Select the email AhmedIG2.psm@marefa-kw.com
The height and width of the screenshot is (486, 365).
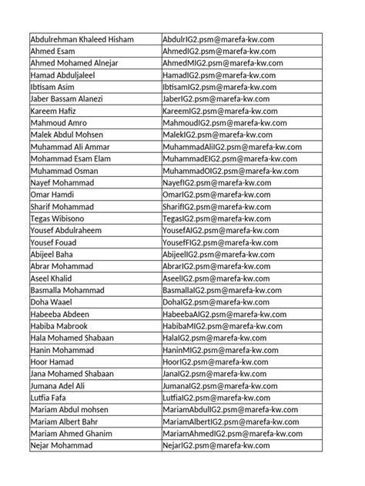[219, 51]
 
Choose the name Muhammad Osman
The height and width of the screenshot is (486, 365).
[64, 171]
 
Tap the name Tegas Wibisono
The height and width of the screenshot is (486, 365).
[60, 220]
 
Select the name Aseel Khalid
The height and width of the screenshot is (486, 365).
[54, 280]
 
